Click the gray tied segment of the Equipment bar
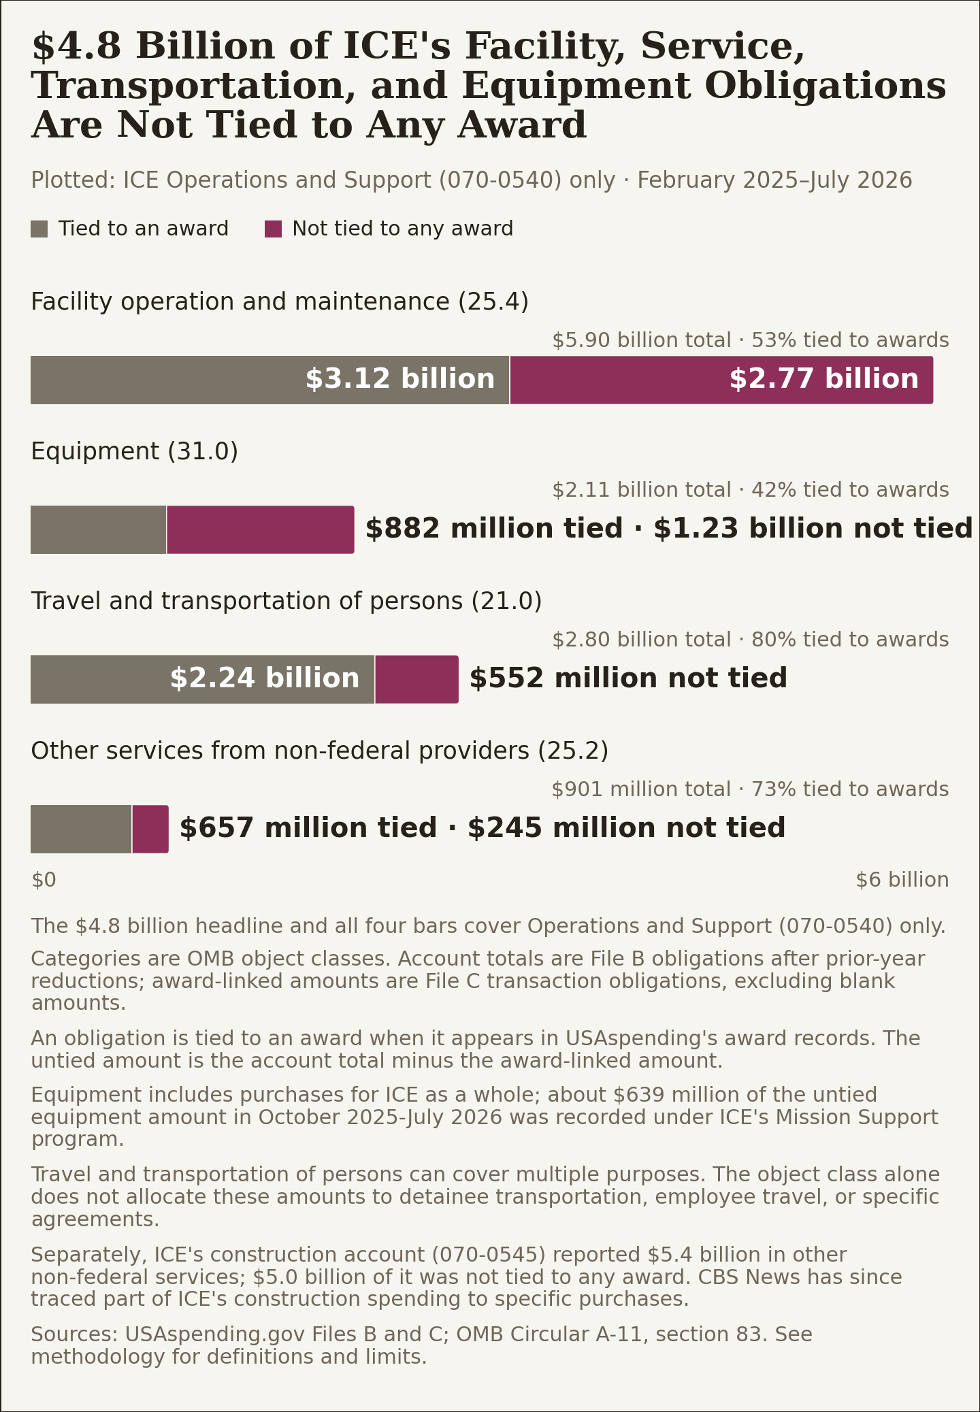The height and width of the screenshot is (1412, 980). pyautogui.click(x=99, y=529)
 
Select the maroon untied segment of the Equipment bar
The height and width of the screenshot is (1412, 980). pyautogui.click(x=261, y=529)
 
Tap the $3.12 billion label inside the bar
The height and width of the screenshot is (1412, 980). pyautogui.click(x=399, y=379)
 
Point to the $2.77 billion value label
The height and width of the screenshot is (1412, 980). pyautogui.click(x=823, y=379)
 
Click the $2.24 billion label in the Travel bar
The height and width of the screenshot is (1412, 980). pyautogui.click(x=264, y=678)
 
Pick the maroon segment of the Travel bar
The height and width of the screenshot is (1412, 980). pyautogui.click(x=416, y=679)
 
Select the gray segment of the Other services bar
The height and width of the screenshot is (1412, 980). pyautogui.click(x=81, y=829)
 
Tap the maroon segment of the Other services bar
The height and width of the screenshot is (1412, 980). pyautogui.click(x=150, y=829)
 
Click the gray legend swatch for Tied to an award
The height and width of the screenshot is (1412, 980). pyautogui.click(x=39, y=229)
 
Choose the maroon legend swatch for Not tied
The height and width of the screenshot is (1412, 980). pyautogui.click(x=273, y=229)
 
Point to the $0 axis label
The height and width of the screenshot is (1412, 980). pyautogui.click(x=44, y=880)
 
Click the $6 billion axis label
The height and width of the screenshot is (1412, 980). pyautogui.click(x=902, y=880)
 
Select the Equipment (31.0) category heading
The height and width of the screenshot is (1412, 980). pyautogui.click(x=135, y=451)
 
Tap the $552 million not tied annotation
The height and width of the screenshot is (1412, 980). pyautogui.click(x=628, y=678)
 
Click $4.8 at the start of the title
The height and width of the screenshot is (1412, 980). pyautogui.click(x=76, y=47)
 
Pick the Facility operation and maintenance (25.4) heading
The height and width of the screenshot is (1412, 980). pyautogui.click(x=280, y=301)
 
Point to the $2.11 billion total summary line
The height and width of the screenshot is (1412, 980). pyautogui.click(x=750, y=490)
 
